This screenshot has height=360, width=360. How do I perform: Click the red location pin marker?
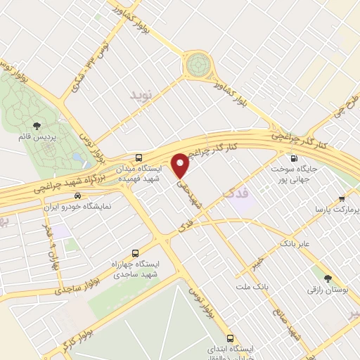pyautogui.click(x=181, y=165)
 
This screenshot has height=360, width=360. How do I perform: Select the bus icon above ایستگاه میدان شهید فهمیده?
pyautogui.click(x=139, y=157)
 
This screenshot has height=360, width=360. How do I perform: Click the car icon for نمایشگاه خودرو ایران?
pyautogui.click(x=77, y=196)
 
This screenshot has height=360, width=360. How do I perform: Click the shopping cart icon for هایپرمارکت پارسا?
pyautogui.click(x=342, y=199)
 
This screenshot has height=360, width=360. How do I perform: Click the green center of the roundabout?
pyautogui.click(x=198, y=65)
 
